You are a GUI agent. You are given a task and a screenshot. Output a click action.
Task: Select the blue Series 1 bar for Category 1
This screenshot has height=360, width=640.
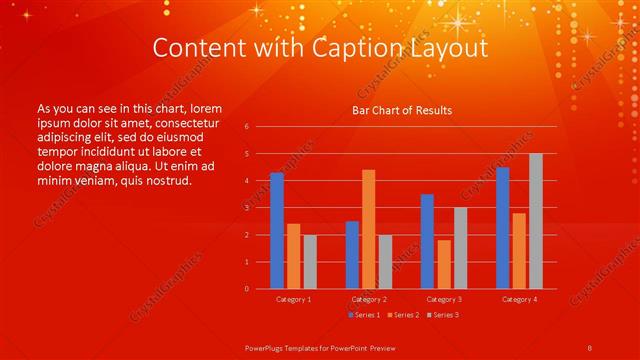[x=277, y=231]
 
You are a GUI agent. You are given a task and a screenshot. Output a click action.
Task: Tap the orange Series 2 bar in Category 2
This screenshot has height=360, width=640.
[x=369, y=229]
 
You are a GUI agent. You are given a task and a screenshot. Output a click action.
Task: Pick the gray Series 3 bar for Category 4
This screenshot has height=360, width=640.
[x=536, y=221]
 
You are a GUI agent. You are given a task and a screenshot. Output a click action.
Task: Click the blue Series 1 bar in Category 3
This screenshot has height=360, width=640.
[x=427, y=241]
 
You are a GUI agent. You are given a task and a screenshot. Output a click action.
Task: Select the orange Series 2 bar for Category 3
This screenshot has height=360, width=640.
[x=444, y=264]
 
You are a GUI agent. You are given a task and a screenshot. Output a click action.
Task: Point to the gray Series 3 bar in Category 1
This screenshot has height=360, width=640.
[x=310, y=262]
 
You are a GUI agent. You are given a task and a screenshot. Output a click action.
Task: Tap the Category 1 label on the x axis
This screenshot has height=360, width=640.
[x=293, y=299]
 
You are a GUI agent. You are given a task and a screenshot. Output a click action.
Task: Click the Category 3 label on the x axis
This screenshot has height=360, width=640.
[x=443, y=299]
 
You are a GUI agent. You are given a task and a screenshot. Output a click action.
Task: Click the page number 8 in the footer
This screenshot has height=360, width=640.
[x=590, y=346]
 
